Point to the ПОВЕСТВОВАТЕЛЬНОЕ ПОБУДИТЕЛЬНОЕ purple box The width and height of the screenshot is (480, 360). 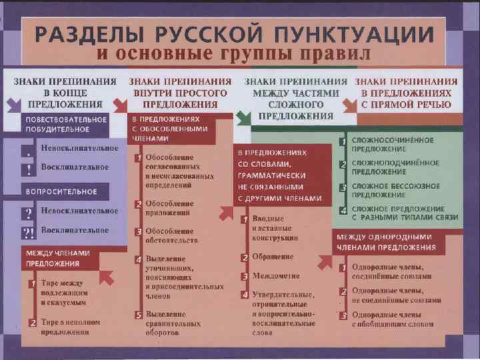(66, 123)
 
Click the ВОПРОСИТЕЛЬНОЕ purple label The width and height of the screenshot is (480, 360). (61, 191)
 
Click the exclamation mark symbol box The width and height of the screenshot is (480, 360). (28, 168)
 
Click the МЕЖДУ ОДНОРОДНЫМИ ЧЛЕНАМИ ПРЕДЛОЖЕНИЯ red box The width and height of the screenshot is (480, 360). (387, 243)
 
